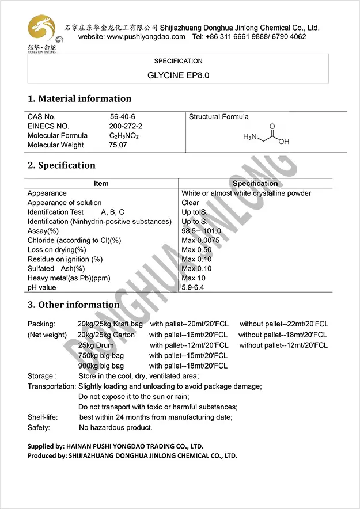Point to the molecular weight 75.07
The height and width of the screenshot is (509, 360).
click(118, 145)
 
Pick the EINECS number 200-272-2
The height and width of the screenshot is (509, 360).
click(126, 126)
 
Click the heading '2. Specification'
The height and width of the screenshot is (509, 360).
click(62, 165)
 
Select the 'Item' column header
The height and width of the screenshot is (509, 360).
click(101, 184)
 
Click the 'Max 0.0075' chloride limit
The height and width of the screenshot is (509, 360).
click(200, 240)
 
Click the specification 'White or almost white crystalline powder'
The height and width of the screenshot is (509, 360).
click(246, 193)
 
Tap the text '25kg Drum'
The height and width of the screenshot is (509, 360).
click(96, 345)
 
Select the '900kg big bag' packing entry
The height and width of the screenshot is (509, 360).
click(101, 366)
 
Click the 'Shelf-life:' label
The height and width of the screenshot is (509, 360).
click(43, 417)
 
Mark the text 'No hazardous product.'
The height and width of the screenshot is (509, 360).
click(116, 428)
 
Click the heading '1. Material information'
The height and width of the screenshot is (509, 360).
click(79, 98)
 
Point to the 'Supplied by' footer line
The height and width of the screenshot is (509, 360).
click(115, 446)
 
